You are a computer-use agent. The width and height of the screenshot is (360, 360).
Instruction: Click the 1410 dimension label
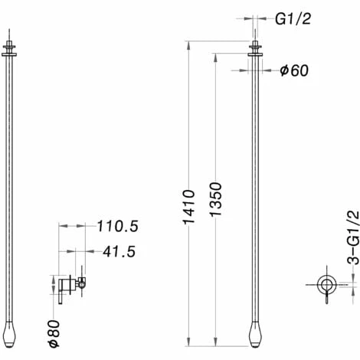(189, 207)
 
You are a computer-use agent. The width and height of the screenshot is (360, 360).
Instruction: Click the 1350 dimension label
(215, 199)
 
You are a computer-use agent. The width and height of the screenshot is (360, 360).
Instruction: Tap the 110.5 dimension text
(118, 226)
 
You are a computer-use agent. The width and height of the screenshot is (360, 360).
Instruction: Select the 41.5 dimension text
(119, 252)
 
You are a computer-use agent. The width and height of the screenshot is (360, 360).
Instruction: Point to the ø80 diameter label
(54, 334)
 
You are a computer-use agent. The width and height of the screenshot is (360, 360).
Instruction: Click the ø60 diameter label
(294, 70)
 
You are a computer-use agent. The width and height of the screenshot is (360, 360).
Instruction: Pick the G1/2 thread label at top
(293, 19)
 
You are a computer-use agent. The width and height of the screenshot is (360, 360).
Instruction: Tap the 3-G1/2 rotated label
(353, 238)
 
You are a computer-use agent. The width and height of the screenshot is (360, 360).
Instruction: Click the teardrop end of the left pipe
(9, 335)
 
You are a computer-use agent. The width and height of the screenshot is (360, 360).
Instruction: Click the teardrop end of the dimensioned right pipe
(255, 335)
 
